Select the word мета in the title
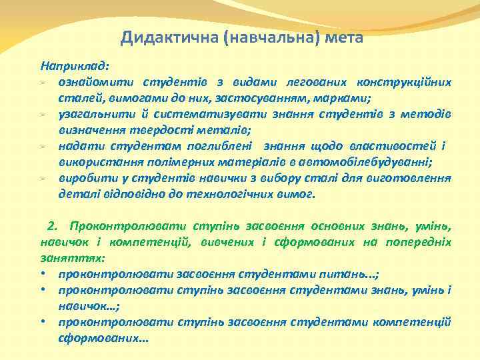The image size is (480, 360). tap(345, 37)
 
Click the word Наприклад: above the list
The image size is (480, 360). tap(75, 67)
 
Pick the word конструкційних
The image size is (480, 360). tap(405, 83)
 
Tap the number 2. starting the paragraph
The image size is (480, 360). tap(55, 226)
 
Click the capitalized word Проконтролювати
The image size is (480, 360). tap(117, 226)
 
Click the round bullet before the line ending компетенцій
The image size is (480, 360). tap(43, 322)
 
